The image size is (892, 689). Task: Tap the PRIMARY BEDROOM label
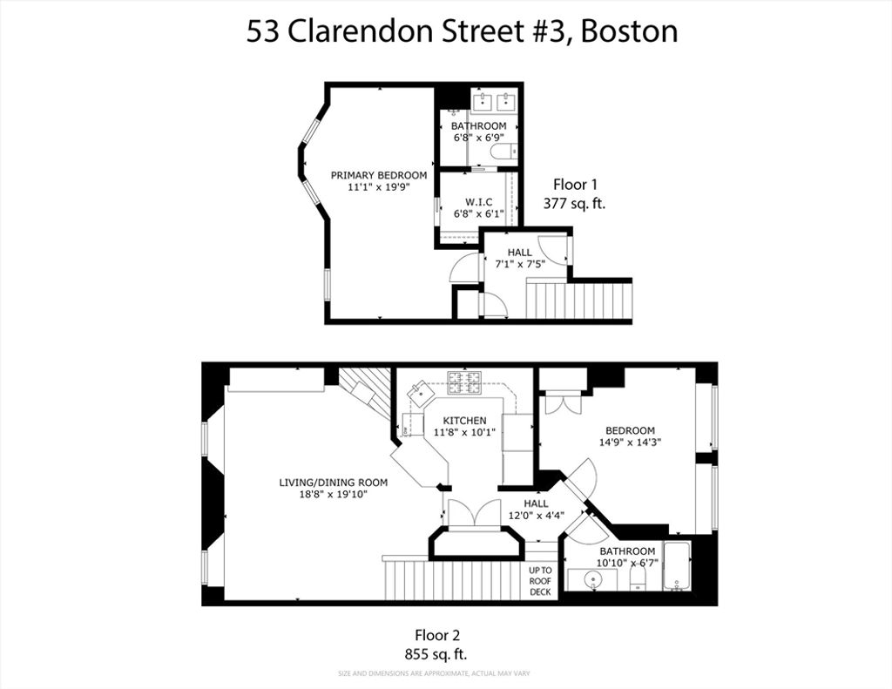tap(379, 175)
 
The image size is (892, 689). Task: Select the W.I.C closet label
tap(478, 202)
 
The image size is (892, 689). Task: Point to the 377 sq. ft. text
tap(575, 204)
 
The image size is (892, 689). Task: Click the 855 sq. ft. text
tap(436, 654)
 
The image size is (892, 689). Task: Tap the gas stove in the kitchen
tap(464, 382)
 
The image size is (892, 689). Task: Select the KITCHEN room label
tap(465, 421)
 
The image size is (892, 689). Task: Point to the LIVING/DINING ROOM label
tap(334, 483)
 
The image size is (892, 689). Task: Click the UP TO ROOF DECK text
tap(540, 581)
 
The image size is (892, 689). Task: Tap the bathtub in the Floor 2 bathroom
tap(677, 566)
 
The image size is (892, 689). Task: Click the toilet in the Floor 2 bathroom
tap(639, 579)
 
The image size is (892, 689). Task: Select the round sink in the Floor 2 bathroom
tap(593, 580)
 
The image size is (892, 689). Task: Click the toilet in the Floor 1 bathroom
tap(502, 152)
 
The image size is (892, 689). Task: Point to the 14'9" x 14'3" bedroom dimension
tap(630, 442)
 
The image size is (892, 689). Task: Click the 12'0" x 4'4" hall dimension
tap(536, 516)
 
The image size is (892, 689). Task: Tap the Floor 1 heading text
tap(575, 185)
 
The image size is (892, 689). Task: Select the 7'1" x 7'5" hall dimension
tap(520, 264)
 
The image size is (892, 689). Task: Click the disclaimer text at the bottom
tap(434, 673)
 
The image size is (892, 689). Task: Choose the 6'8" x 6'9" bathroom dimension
tap(478, 137)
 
